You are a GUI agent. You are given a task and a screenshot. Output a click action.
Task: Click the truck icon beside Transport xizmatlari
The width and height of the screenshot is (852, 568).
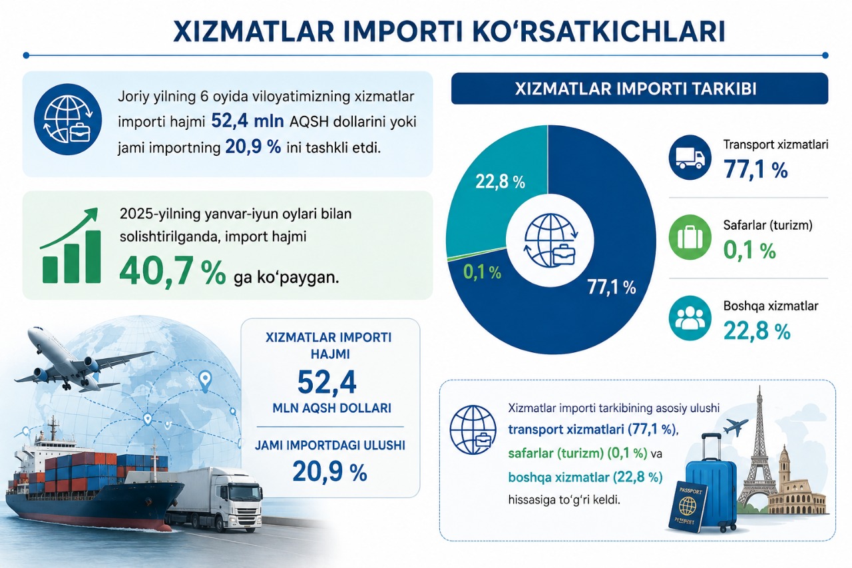pyautogui.click(x=690, y=157)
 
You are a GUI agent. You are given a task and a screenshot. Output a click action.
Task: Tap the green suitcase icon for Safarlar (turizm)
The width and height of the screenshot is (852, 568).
pyautogui.click(x=690, y=238)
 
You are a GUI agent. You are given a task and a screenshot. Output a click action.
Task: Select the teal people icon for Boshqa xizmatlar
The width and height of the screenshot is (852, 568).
pyautogui.click(x=690, y=318)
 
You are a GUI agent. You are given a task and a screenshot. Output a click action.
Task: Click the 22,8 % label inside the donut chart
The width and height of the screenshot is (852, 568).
pyautogui.click(x=500, y=182)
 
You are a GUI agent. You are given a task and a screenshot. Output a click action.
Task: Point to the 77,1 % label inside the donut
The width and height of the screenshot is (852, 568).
pyautogui.click(x=612, y=287)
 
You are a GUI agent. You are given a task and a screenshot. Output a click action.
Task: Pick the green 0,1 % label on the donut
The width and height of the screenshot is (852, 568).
pyautogui.click(x=482, y=272)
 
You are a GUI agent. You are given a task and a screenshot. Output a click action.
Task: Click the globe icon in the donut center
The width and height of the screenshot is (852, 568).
pyautogui.click(x=550, y=240)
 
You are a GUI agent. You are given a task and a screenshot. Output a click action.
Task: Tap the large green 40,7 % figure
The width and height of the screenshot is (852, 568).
pyautogui.click(x=172, y=272)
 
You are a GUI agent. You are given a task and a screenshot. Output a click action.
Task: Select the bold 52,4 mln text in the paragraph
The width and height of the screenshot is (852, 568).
pyautogui.click(x=247, y=121)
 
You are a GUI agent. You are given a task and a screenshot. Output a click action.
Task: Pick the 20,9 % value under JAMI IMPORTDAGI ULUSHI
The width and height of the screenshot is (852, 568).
pyautogui.click(x=329, y=473)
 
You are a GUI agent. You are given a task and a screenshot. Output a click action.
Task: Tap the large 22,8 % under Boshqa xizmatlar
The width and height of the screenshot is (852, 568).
pyautogui.click(x=757, y=331)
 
